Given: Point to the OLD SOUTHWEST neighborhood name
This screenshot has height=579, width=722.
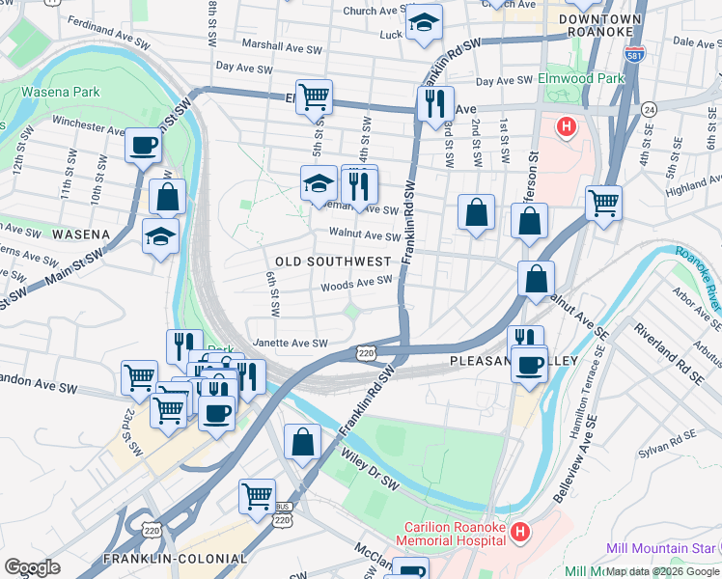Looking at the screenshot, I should [333, 262].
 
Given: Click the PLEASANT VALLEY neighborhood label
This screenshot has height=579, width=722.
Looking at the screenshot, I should [514, 361].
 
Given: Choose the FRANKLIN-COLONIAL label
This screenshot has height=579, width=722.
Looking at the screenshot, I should [175, 559].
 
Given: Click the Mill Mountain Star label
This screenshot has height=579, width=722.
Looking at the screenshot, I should [661, 548].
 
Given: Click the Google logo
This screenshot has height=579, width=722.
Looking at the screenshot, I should [32, 566].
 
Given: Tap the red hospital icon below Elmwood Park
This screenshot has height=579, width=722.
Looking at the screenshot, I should [567, 125].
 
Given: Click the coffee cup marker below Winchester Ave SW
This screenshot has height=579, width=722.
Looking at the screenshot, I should [143, 147].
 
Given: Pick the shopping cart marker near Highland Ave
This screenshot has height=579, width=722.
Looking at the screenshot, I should [603, 203].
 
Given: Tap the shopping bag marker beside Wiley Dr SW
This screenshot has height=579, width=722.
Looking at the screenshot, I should [303, 442].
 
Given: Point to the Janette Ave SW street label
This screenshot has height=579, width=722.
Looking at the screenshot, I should [289, 343].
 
